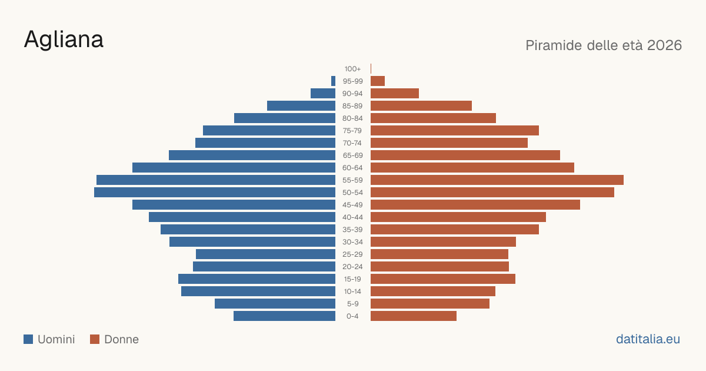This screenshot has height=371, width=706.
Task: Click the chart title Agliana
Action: coord(64,40)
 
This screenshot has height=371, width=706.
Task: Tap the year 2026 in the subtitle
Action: coord(664,45)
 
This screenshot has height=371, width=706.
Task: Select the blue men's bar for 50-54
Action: coord(215,193)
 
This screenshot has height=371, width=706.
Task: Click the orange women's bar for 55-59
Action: coord(497,180)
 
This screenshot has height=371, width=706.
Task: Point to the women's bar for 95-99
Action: coord(378,81)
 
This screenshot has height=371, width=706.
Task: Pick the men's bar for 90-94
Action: coord(323,94)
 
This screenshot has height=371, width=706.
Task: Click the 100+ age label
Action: coord(352,69)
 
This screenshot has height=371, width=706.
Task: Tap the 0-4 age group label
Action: coord(352,316)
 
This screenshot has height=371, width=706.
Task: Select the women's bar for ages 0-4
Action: coord(414,316)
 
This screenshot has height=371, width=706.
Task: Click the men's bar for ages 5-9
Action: coord(275,304)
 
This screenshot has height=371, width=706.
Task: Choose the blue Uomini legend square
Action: coord(28,339)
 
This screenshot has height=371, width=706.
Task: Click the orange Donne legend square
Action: coord(95,339)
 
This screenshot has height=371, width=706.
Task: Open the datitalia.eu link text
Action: coord(648,339)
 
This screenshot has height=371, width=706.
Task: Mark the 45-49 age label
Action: coord(352,205)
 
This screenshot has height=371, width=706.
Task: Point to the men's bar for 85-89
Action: coord(301,105)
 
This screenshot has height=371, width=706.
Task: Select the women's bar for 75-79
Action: coord(455,131)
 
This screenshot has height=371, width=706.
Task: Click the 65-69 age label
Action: coord(352,155)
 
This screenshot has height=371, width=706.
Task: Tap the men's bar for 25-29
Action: coord(266,254)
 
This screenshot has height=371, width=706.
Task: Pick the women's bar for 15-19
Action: coord(443,279)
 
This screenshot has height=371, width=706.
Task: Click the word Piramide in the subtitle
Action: coord(554,45)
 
